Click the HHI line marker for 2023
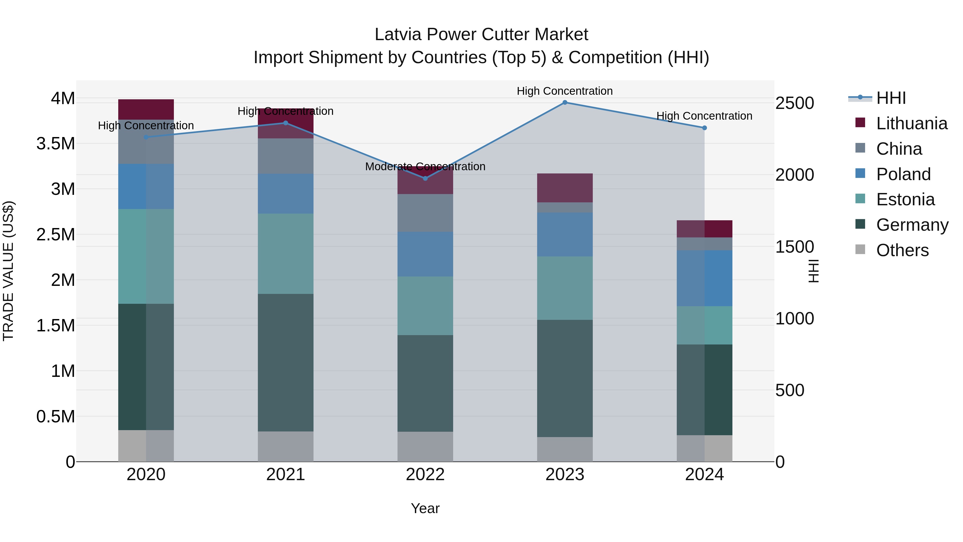click(565, 103)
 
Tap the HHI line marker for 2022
click(425, 179)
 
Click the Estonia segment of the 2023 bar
click(565, 288)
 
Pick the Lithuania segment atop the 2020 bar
click(146, 109)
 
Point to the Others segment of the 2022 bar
click(425, 447)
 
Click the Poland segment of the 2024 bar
click(704, 278)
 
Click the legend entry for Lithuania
click(911, 123)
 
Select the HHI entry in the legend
click(891, 98)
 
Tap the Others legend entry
click(902, 250)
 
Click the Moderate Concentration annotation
click(425, 166)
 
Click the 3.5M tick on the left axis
click(55, 144)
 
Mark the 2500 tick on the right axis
click(794, 103)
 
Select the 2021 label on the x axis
click(286, 475)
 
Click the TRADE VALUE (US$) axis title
click(8, 271)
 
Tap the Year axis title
click(425, 508)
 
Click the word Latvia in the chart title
click(398, 35)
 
